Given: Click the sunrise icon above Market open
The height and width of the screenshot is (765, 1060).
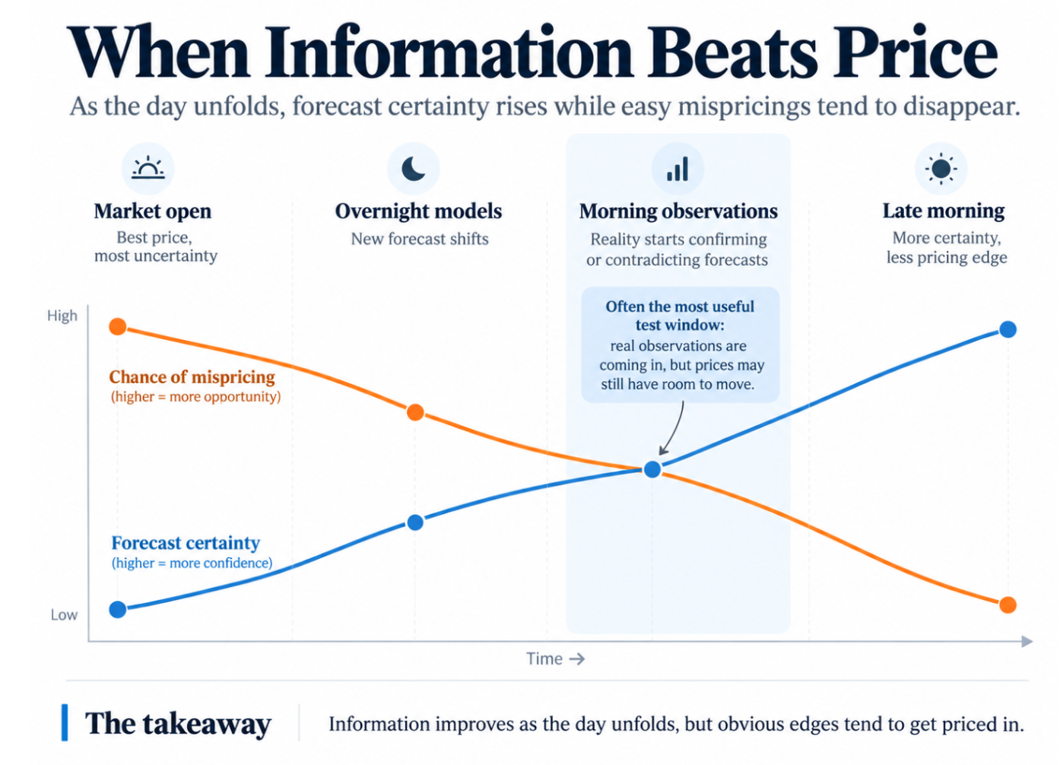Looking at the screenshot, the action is [x=148, y=167].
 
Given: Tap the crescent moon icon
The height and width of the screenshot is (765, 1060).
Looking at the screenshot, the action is [x=413, y=169].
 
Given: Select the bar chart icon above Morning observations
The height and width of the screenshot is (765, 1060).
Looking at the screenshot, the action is [x=678, y=169].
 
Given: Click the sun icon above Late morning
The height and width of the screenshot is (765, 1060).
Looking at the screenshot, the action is [x=941, y=168].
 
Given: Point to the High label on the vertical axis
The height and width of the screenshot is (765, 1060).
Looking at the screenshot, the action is [x=62, y=316].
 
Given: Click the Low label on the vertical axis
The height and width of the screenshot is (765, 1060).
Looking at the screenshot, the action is [x=64, y=614].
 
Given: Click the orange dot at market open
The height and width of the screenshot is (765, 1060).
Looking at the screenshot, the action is [x=118, y=326].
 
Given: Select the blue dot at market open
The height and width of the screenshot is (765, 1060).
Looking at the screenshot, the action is [x=118, y=609].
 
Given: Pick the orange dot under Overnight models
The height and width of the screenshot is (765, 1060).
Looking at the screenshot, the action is [x=415, y=412].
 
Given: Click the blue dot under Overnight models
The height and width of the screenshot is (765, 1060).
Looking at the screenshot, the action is [x=415, y=522].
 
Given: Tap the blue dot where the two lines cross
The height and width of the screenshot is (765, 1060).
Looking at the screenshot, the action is [x=652, y=469].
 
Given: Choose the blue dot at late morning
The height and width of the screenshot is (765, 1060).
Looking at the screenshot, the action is [x=1008, y=329].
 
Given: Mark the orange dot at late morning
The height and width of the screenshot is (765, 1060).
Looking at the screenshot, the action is [x=1008, y=605].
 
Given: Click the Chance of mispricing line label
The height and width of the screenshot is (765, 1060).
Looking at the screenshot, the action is [x=192, y=377].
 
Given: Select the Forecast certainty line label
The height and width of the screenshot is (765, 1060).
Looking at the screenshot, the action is [x=186, y=543].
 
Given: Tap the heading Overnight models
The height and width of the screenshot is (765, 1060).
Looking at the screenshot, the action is [x=418, y=211].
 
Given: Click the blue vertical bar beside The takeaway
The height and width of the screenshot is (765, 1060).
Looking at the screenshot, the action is [x=65, y=722].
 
